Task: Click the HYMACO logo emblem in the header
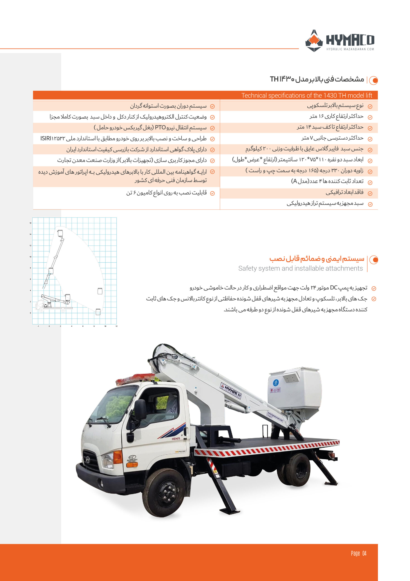(x=314, y=41)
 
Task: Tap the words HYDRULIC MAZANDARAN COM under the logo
(x=350, y=49)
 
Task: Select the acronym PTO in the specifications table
(x=160, y=128)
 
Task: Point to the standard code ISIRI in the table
(x=46, y=138)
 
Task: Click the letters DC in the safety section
(x=334, y=288)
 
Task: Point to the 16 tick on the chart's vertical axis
(x=30, y=223)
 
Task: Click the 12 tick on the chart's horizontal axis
(x=116, y=326)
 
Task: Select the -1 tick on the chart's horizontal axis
(x=38, y=326)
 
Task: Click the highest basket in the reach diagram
(x=60, y=233)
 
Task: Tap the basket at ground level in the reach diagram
(x=98, y=312)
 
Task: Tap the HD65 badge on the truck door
(x=176, y=438)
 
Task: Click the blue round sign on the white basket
(x=276, y=383)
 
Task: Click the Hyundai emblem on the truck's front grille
(x=88, y=459)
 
